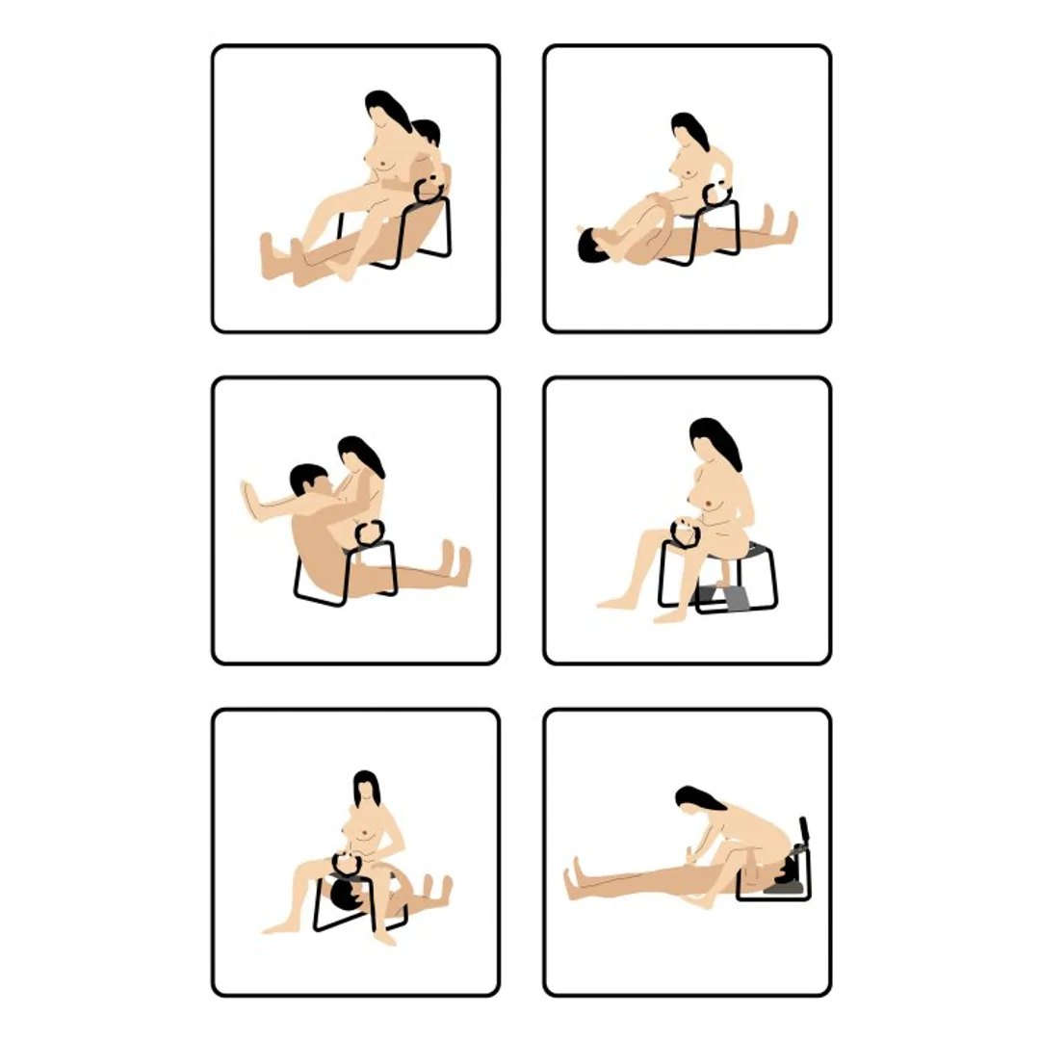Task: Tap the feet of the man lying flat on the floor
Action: pos(784,227)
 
